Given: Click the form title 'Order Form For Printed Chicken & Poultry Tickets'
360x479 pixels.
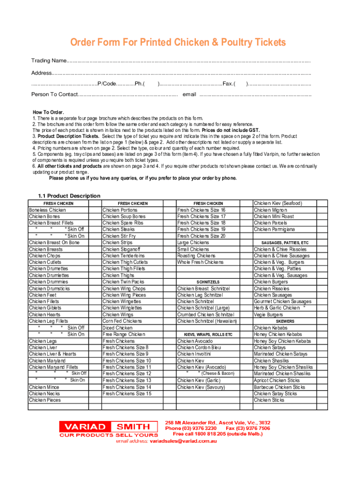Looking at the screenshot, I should pos(178,43).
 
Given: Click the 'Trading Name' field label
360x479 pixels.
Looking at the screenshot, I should pos(49,61).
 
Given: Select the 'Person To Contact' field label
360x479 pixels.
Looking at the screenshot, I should pos(54,94).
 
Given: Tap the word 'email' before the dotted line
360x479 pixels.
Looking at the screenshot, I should pos(189,94).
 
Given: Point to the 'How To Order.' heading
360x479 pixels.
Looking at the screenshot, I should pos(48,112).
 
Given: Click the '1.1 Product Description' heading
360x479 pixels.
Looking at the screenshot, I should pos(69,196).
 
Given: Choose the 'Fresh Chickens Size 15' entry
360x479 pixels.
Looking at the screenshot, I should pos(127,393).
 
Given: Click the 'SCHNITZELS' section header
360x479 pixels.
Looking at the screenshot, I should pos(208,283).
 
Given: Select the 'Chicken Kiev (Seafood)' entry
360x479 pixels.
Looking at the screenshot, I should pos(278,203).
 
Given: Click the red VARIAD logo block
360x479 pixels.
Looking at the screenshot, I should pos(85,427).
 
